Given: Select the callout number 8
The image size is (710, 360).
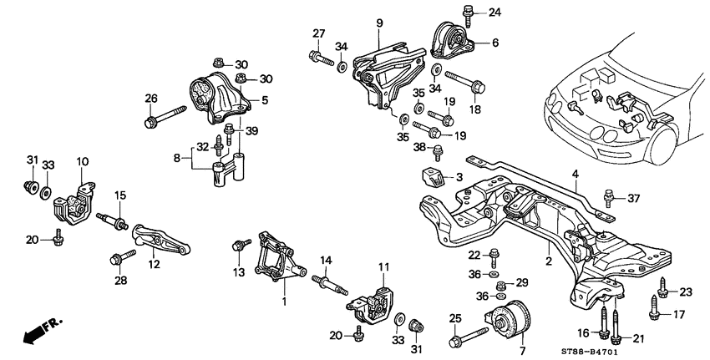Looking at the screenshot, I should [x=175, y=155].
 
